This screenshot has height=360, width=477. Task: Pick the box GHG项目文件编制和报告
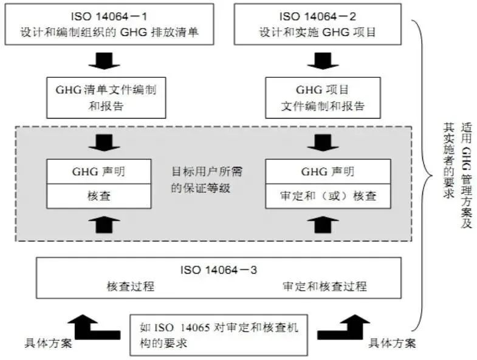323,97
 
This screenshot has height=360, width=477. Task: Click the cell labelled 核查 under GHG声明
98,196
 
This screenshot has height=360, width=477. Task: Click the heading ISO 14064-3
219,268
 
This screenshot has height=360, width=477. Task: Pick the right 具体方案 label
393,344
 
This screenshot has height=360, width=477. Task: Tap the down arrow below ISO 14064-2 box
323,61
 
